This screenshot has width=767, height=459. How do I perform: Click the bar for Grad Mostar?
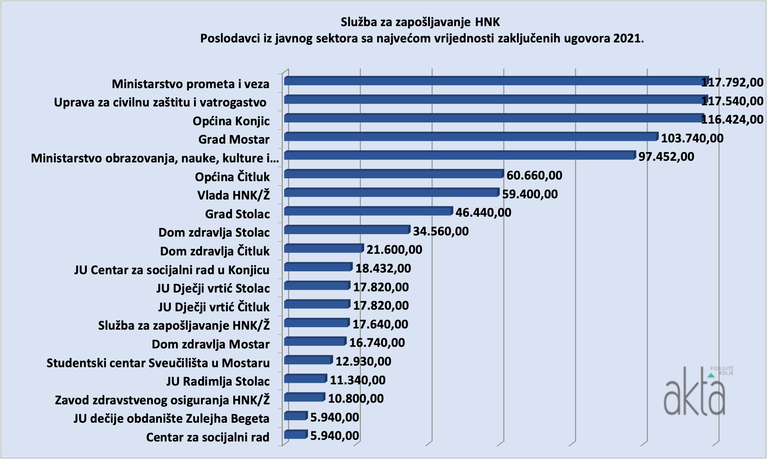tap(471, 137)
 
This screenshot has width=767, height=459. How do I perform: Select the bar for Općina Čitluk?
tap(393, 174)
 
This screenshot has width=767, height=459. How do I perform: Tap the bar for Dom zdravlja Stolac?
tap(347, 230)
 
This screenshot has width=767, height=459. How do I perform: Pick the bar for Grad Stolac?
tap(368, 211)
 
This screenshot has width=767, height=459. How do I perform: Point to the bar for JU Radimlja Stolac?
tap(305, 379)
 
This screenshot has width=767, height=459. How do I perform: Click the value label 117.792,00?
tap(732, 82)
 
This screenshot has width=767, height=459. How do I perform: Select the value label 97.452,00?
tap(666, 157)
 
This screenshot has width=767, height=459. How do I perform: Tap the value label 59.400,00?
tap(530, 194)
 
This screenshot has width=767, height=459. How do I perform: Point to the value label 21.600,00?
tap(394, 250)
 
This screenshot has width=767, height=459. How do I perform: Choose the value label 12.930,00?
tap(363, 361)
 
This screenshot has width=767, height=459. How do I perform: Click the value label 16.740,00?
tap(377, 343)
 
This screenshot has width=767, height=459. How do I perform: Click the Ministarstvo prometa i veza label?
tap(190, 84)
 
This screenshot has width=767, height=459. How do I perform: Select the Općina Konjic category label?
tap(231, 121)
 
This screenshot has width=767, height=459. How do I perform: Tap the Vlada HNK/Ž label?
tap(234, 195)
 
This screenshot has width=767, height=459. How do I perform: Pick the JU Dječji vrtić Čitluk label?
tap(214, 307)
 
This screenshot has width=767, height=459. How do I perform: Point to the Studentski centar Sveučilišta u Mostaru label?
tap(158, 363)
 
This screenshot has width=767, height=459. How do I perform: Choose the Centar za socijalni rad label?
tap(208, 437)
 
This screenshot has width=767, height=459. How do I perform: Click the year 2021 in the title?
tap(628, 39)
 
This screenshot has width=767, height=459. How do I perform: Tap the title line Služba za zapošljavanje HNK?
tap(420, 22)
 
